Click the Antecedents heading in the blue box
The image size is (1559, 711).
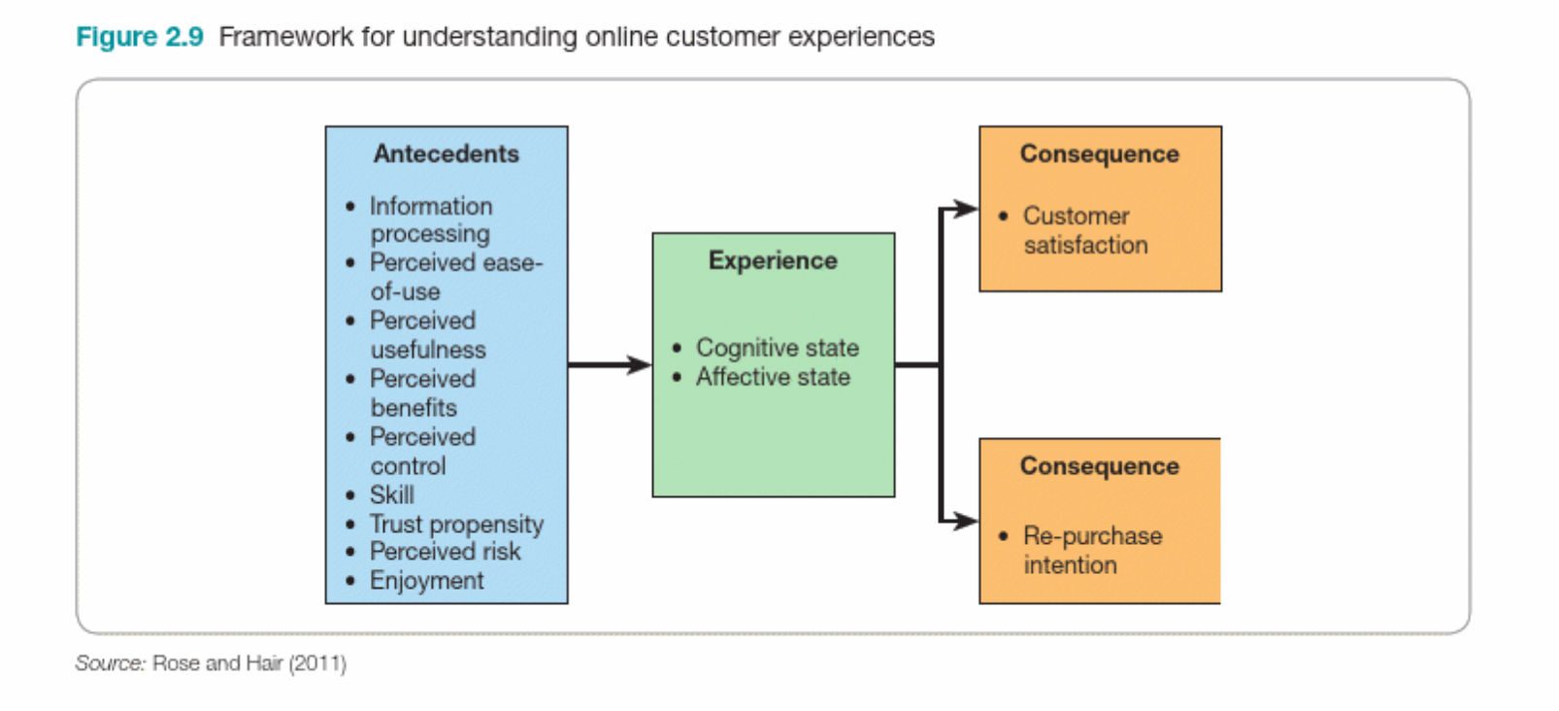point(446,153)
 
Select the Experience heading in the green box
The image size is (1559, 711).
point(773,260)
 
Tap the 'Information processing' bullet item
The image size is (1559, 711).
point(430,220)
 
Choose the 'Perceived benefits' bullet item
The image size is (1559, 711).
point(422,393)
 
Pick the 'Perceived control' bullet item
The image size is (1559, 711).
point(422,451)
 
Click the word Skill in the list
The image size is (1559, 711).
point(391,494)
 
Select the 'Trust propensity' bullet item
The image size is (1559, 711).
point(456,525)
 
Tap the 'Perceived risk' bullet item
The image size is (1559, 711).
point(445,552)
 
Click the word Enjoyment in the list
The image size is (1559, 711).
point(426,581)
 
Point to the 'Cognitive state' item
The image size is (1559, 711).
point(777,348)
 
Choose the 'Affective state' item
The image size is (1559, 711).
point(773,377)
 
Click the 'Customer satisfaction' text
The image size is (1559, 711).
point(1084,230)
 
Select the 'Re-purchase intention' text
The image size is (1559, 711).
point(1091,550)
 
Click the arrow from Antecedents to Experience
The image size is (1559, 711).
point(609,365)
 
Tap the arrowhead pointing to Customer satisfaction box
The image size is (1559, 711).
point(966,209)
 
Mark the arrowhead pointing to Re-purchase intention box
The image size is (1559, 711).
point(966,522)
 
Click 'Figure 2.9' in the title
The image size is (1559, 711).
point(140,37)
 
